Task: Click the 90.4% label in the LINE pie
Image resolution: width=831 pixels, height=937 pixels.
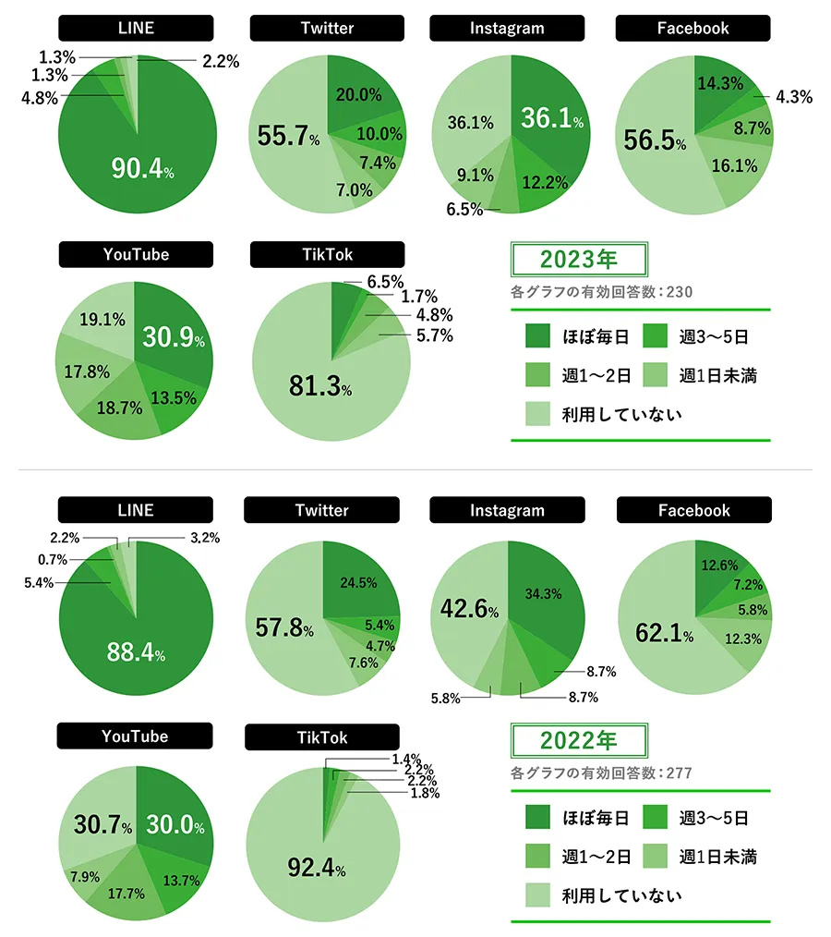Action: pyautogui.click(x=142, y=168)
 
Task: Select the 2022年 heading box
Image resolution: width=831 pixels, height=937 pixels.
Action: pyautogui.click(x=580, y=740)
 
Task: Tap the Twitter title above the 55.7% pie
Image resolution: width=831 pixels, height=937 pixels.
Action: pyautogui.click(x=327, y=29)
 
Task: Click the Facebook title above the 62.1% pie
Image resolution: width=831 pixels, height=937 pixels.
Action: pyautogui.click(x=694, y=510)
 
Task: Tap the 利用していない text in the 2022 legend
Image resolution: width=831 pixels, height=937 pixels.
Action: pyautogui.click(x=621, y=894)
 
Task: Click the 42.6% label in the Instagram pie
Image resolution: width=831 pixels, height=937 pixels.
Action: pyautogui.click(x=467, y=610)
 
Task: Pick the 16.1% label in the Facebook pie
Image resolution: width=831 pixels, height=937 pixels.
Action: pyautogui.click(x=734, y=166)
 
